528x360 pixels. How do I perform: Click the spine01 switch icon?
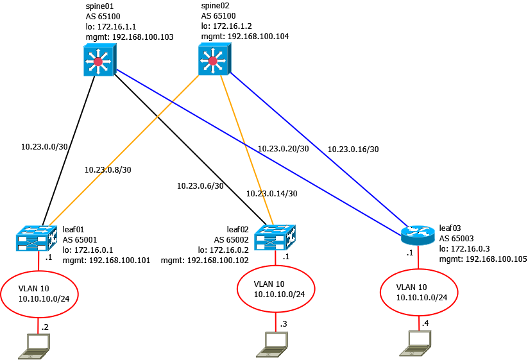point(98,62)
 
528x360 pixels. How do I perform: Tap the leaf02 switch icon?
point(275,237)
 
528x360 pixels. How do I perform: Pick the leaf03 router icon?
point(418,236)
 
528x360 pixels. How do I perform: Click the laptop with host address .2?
point(34,345)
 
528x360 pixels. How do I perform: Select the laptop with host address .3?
point(276,344)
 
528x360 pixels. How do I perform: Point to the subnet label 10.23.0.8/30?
point(108,170)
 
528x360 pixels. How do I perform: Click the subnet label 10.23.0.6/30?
point(200,186)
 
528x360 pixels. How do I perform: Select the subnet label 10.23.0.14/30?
point(271,193)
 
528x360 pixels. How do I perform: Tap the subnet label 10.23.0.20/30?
point(283,148)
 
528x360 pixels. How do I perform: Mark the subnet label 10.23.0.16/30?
point(353,149)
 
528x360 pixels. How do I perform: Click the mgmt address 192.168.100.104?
point(245,37)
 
